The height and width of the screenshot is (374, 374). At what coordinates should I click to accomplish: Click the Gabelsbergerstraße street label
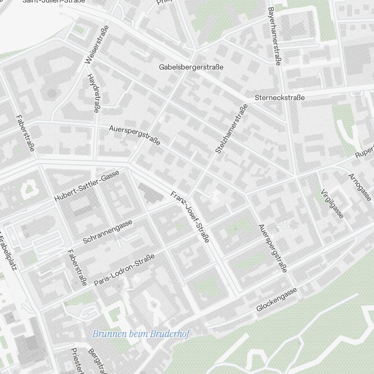(x=191, y=67)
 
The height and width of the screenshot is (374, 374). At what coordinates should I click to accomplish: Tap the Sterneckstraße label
(x=280, y=98)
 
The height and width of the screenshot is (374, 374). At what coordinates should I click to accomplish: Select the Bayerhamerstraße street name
(x=274, y=36)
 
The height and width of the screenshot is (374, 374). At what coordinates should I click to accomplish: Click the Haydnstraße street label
(x=93, y=93)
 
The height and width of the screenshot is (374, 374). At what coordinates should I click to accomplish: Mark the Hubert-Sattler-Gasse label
(x=87, y=186)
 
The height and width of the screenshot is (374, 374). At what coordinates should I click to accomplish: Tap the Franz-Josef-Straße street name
(x=190, y=217)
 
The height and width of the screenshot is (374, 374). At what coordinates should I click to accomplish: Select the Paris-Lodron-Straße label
(x=124, y=270)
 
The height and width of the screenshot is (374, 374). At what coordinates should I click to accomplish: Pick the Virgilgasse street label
(x=332, y=203)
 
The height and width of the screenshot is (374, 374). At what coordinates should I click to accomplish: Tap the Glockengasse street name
(x=277, y=300)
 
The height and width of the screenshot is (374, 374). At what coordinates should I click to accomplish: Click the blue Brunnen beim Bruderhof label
(x=141, y=334)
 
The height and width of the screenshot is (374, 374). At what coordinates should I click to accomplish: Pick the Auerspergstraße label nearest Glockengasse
(x=273, y=248)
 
